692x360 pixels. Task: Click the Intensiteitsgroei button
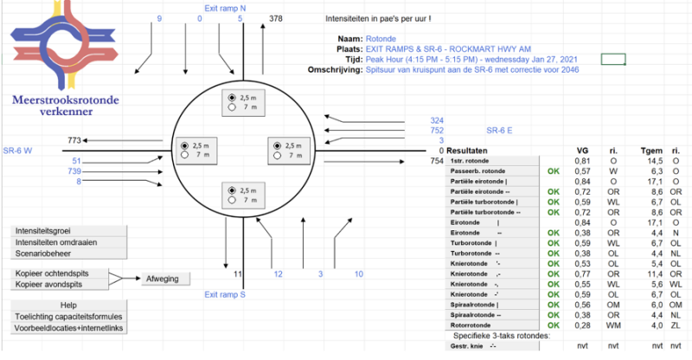coord(68,232)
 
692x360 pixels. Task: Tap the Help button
coord(68,305)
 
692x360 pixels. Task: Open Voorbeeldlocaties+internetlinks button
coord(68,329)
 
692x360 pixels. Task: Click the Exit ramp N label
coord(224,8)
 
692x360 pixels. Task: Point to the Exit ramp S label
coord(225,294)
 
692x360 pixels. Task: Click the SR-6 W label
coord(17,150)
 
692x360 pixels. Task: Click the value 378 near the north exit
coord(276,17)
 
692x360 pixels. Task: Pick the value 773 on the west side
coord(74,139)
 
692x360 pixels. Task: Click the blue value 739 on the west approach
coord(75,171)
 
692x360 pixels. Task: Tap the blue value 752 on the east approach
coord(436,130)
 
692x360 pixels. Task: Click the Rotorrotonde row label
coord(477,325)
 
